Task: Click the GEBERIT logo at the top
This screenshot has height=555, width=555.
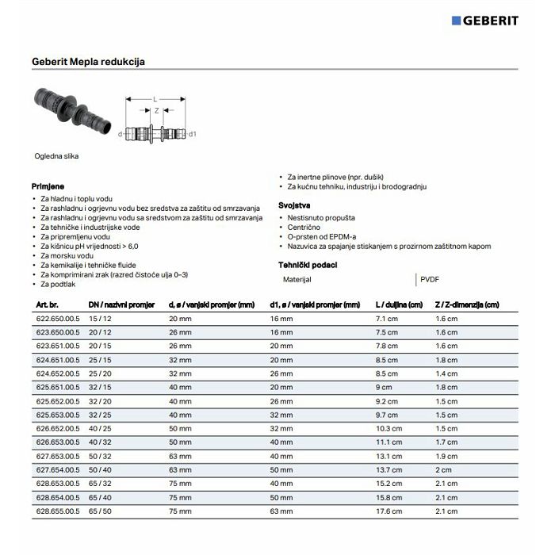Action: click(x=484, y=20)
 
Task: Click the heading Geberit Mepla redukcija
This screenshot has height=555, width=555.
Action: click(x=88, y=60)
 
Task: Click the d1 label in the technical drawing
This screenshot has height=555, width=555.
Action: click(x=193, y=135)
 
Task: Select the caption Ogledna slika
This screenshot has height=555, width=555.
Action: click(x=56, y=156)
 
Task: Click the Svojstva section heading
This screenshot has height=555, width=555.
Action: click(x=294, y=205)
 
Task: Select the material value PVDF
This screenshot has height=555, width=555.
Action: click(x=430, y=279)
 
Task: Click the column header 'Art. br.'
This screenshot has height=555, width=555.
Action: click(x=48, y=304)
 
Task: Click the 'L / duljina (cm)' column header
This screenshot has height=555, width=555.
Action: click(x=400, y=304)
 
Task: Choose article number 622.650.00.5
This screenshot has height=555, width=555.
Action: click(x=58, y=318)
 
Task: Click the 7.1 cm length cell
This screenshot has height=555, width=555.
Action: click(x=386, y=318)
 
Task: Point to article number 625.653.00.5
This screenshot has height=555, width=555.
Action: click(x=58, y=415)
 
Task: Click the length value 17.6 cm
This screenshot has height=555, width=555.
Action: click(x=388, y=511)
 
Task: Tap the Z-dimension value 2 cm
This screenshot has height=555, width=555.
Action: click(x=443, y=470)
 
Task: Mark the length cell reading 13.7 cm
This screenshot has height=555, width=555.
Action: click(x=388, y=470)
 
